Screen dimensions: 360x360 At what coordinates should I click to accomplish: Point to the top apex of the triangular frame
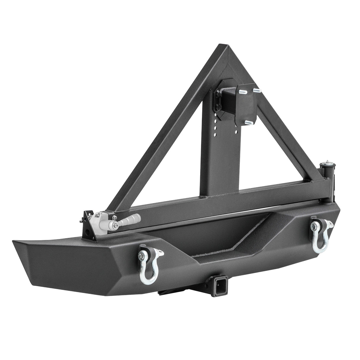223,48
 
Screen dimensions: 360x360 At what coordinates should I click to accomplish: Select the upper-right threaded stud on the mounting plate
257,90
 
